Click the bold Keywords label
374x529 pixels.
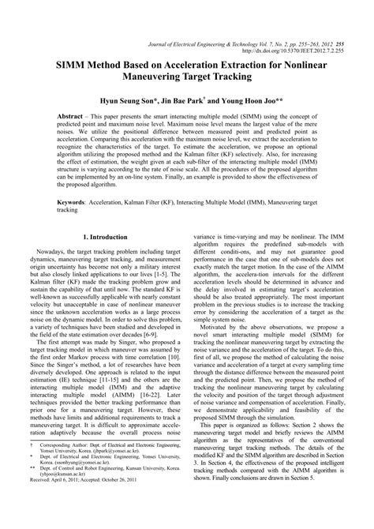75,201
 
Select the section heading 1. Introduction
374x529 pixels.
110,237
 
